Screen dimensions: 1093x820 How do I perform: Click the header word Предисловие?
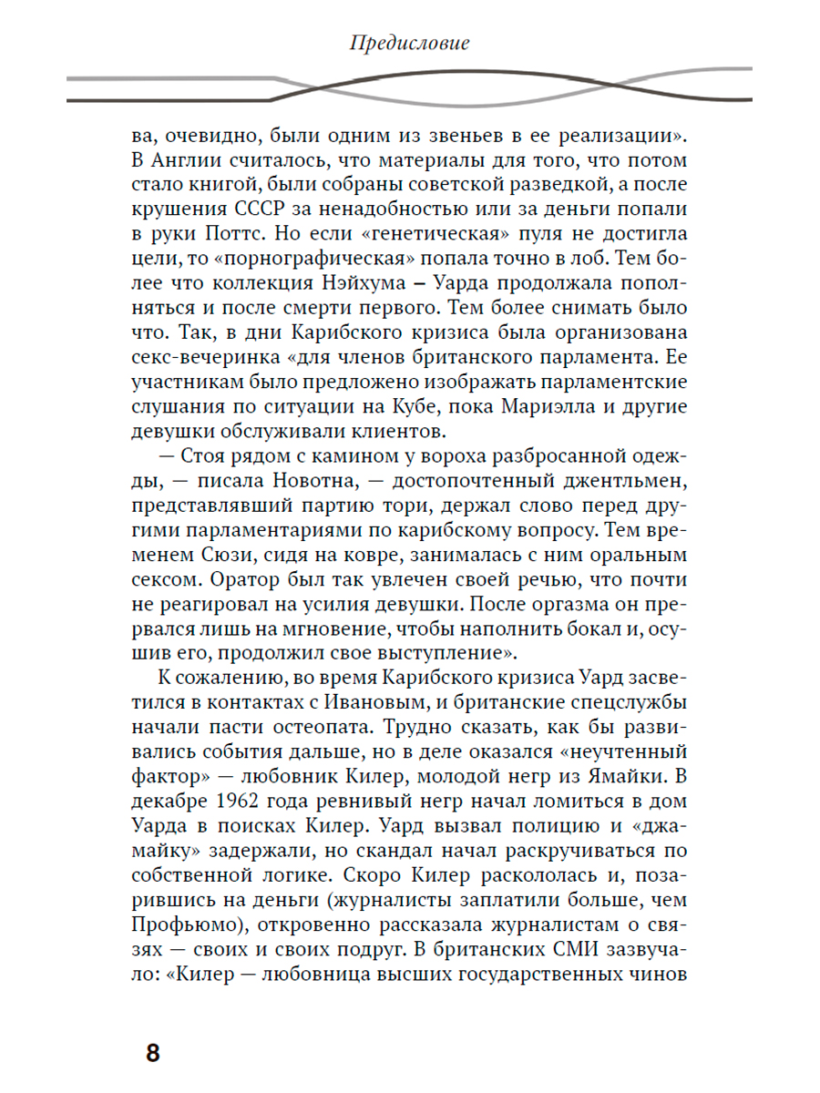[409, 43]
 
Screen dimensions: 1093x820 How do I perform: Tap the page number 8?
[152, 1053]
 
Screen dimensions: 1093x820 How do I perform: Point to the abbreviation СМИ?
[557, 950]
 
